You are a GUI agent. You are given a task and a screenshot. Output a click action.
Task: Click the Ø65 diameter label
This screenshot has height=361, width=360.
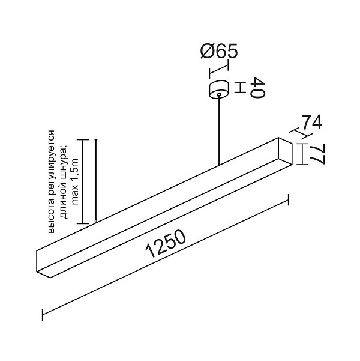(219, 51)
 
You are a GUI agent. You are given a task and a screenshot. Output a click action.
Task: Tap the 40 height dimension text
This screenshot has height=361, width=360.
(257, 88)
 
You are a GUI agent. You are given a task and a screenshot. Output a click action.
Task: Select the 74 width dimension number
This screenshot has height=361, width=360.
(311, 123)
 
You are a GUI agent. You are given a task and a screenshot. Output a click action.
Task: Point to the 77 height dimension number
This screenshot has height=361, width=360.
(317, 154)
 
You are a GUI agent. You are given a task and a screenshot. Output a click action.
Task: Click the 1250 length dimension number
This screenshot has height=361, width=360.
(166, 244)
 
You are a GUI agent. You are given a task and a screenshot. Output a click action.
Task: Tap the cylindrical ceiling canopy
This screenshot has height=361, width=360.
(219, 89)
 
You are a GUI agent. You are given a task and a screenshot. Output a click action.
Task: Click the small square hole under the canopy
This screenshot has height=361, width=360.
(219, 94)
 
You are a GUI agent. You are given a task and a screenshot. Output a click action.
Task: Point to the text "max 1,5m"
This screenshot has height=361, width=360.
(75, 181)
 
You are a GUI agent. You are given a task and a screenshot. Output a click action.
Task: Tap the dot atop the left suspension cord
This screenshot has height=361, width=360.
(96, 140)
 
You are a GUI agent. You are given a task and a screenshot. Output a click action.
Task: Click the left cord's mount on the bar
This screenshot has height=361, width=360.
(96, 221)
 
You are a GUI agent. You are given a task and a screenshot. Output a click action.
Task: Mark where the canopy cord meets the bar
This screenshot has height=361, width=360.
(219, 164)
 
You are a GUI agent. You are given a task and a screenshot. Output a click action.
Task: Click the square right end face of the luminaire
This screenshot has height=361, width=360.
(285, 151)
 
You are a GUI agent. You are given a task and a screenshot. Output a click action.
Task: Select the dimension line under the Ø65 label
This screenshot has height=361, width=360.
(219, 69)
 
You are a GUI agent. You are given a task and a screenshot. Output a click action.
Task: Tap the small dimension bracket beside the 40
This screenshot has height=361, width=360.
(240, 88)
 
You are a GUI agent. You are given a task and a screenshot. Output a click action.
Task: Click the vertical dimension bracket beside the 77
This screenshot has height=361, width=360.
(302, 154)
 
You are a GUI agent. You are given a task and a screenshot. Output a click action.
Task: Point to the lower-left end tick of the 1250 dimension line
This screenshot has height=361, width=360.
(43, 315)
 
